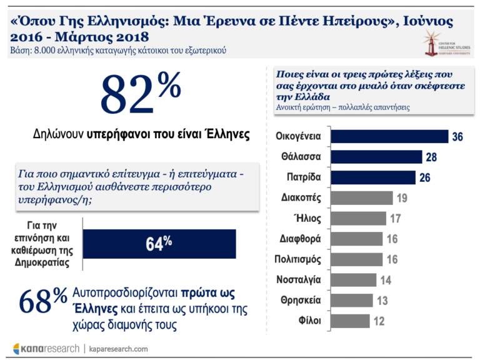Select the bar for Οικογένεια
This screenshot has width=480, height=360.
click(x=389, y=136)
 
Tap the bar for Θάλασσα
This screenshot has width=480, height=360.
click(x=376, y=157)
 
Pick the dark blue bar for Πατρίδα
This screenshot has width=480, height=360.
click(x=372, y=177)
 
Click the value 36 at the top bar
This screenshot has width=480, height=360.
click(x=457, y=137)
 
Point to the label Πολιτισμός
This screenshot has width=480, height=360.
click(x=297, y=259)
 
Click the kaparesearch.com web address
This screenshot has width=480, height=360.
click(x=118, y=349)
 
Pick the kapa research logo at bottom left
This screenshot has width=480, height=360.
click(x=47, y=348)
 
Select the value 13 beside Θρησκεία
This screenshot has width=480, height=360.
click(x=382, y=301)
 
